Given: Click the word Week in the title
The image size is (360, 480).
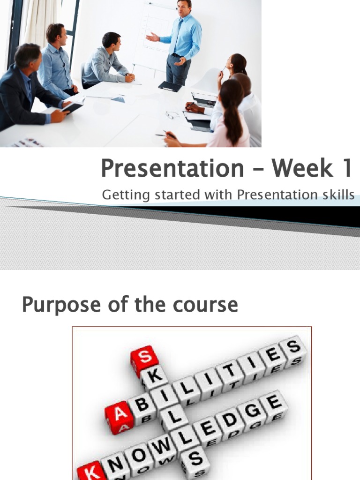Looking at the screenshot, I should [300, 169].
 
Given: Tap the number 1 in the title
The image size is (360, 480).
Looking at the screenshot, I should [346, 169].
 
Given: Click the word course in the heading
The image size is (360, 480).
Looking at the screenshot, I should [209, 306].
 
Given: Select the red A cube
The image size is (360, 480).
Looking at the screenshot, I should [117, 415].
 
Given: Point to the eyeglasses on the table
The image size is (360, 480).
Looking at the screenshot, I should [172, 114].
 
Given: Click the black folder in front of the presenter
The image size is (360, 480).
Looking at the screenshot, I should [170, 86].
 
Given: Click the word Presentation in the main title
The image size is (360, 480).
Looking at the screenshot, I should [172, 169].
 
